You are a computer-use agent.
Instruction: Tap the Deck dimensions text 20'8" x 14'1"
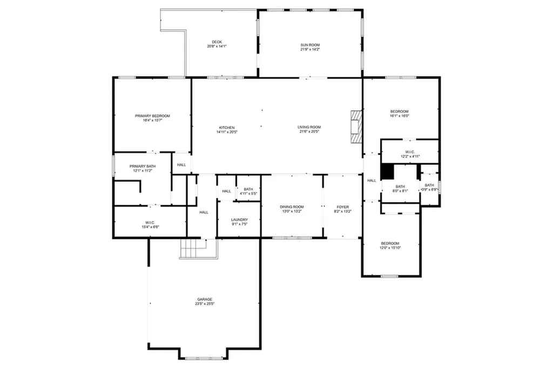tap(217, 46)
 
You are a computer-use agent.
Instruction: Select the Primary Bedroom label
tap(152, 116)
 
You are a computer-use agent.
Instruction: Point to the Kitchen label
tap(226, 128)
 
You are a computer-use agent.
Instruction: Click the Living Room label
tap(309, 128)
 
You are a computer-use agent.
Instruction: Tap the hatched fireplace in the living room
tap(356, 127)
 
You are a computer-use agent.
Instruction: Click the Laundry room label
tap(239, 219)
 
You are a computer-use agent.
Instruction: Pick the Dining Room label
tap(292, 207)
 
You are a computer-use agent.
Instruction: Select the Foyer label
tap(343, 207)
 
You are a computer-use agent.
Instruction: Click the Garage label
tap(204, 299)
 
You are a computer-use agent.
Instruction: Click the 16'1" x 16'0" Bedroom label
tap(400, 111)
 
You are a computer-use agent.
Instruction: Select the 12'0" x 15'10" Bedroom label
tap(390, 243)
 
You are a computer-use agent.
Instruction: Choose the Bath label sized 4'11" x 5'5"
tap(248, 189)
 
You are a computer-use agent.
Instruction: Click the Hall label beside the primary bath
tap(181, 165)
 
